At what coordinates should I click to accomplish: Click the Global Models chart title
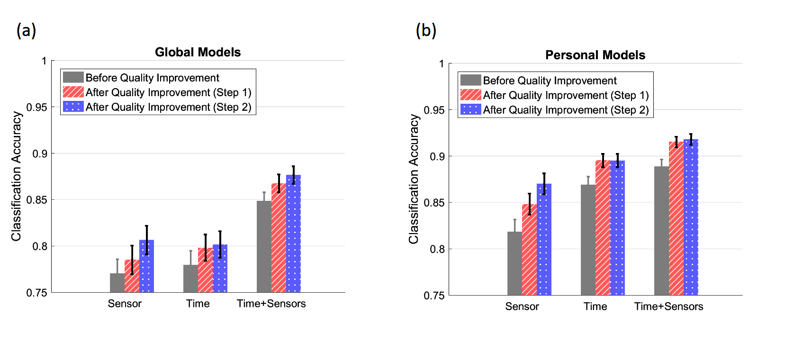point(198,52)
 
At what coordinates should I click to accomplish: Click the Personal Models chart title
point(595,55)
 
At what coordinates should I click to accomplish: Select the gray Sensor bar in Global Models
point(117,283)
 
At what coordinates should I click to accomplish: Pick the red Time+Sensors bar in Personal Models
point(676,218)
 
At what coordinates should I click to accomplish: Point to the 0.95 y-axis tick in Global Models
point(36,108)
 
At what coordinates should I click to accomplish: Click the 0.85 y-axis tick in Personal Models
point(434,203)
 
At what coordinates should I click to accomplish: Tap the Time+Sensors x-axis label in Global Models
point(271,304)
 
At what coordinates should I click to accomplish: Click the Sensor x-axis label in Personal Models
point(522,306)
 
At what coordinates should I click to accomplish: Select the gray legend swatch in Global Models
point(73,77)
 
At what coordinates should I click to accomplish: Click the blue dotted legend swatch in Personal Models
point(470,109)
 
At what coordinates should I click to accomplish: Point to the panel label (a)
point(26,30)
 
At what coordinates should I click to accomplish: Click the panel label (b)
point(425,30)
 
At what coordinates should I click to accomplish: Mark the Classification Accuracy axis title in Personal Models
point(414,179)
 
